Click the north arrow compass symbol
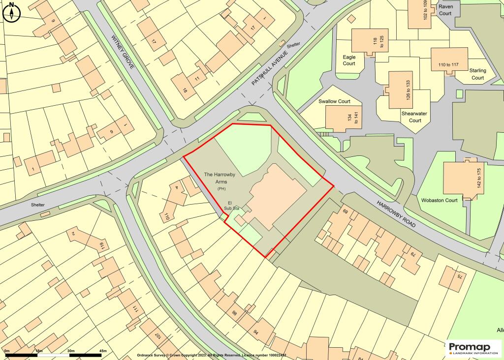pyautogui.click(x=11, y=12)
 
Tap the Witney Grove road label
pyautogui.click(x=123, y=52)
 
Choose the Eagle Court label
pyautogui.click(x=349, y=60)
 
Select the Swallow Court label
pyautogui.click(x=334, y=101)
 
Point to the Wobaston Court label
pyautogui.click(x=440, y=200)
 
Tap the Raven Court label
pyautogui.click(x=445, y=10)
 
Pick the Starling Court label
pyautogui.click(x=477, y=74)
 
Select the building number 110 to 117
pyautogui.click(x=445, y=64)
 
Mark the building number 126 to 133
pyautogui.click(x=408, y=90)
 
